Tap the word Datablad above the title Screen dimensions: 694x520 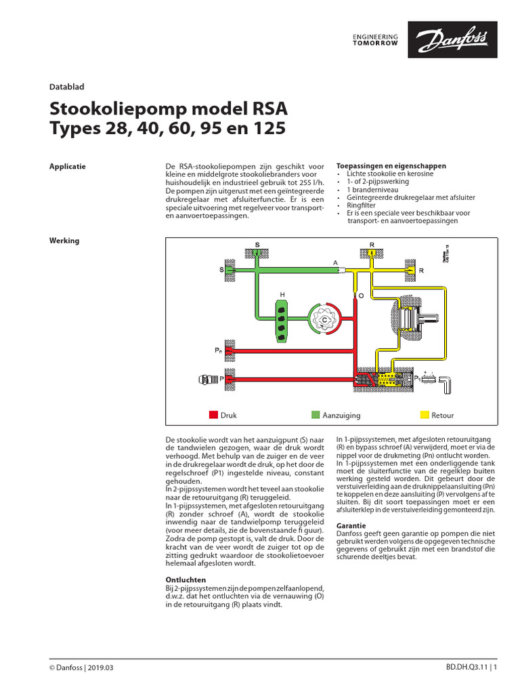pos(66,86)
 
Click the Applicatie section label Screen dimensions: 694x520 pos(68,166)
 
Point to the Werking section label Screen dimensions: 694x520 pos(64,240)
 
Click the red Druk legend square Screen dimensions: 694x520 pos(213,415)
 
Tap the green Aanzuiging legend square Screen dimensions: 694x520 pos(315,415)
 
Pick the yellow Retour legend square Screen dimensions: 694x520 pos(425,415)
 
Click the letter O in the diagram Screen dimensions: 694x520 pos(361,296)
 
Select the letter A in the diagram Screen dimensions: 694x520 pos(334,262)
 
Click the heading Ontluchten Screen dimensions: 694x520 pos(186,579)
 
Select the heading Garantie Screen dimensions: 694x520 pos(351,525)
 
